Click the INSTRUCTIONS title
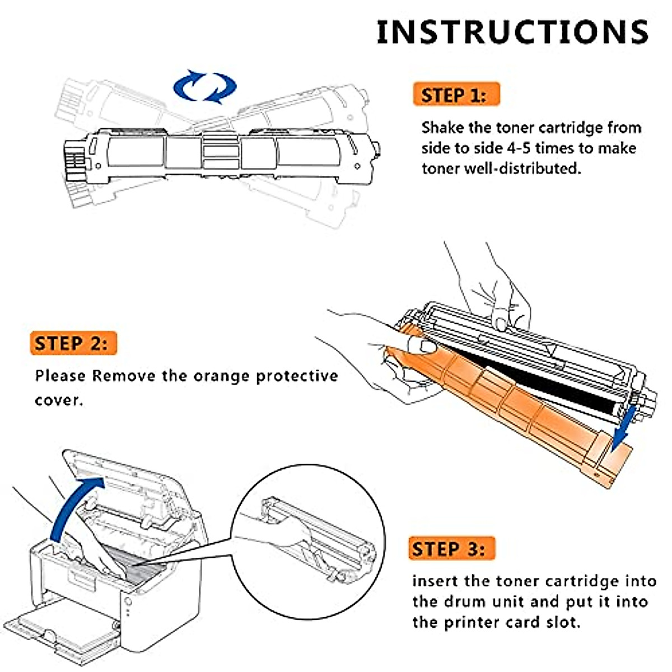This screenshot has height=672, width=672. click(512, 32)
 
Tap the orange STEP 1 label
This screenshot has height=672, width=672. click(455, 95)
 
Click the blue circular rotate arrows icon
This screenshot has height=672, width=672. click(204, 87)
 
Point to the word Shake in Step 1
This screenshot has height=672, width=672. click(442, 128)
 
